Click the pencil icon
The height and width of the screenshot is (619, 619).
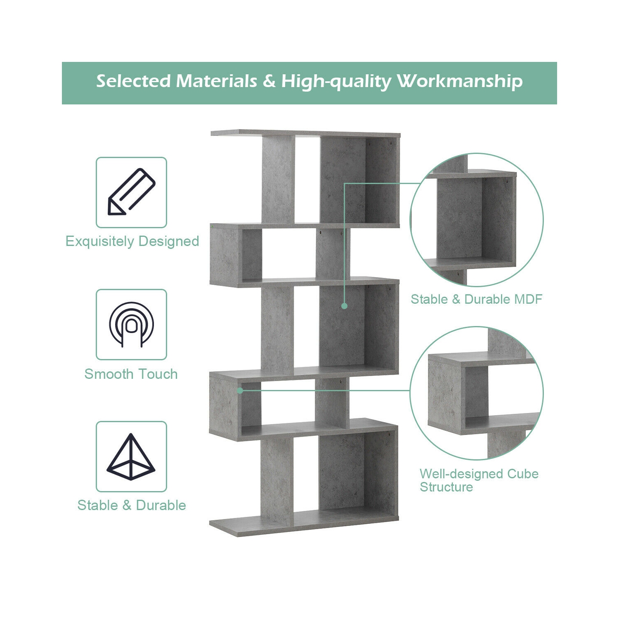coord(131,192)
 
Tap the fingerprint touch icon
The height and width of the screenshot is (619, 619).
coord(131,324)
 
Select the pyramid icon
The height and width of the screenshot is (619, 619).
coord(131,456)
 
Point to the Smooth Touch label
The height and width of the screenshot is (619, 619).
coord(131,374)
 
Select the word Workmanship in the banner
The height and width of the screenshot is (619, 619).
coord(459,81)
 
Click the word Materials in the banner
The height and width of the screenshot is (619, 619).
coord(217,81)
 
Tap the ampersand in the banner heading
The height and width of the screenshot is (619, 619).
coord(269,81)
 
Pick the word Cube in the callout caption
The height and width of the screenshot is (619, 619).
coord(522,474)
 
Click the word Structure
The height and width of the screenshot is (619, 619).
coord(446,487)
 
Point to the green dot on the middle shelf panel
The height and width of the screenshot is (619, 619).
coord(345,306)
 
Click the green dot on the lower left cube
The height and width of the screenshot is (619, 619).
coord(240,390)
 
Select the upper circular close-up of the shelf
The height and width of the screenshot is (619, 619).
coord(477,220)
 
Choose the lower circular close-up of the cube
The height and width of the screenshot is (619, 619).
coord(477,393)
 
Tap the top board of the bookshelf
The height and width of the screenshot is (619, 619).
coord(305,134)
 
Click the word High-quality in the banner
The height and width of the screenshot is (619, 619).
coord(336,81)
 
